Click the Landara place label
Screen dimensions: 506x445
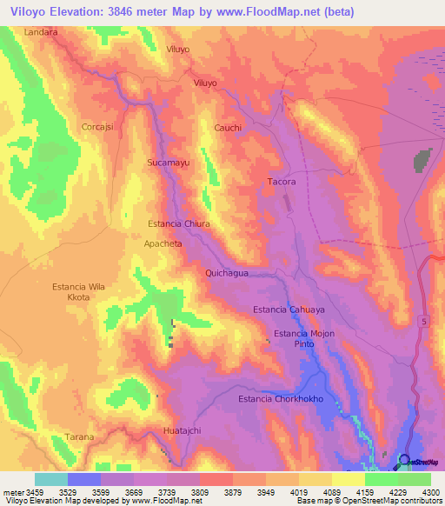click(41, 31)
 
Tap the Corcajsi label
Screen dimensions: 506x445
click(98, 126)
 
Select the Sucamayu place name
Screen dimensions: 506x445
click(168, 163)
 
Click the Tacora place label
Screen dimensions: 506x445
click(282, 182)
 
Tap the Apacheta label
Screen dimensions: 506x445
click(163, 244)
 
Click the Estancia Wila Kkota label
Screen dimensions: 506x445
click(83, 291)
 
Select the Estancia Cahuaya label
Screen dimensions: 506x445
click(289, 310)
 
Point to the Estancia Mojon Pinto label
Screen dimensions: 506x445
click(303, 339)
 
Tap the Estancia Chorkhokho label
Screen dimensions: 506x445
click(281, 399)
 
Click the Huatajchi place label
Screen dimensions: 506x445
click(183, 430)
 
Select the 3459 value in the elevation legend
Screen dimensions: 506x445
click(28, 491)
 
